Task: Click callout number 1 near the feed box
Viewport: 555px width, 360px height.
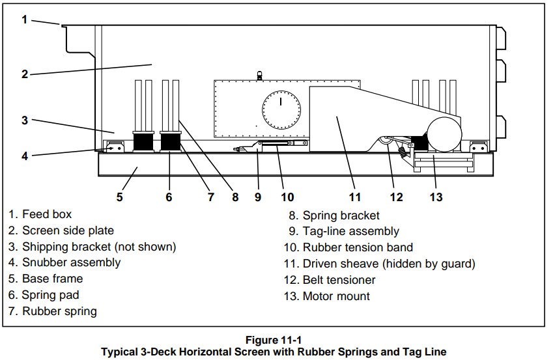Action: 24,19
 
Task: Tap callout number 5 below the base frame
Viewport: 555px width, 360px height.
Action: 119,197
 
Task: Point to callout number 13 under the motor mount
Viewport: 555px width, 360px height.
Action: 436,197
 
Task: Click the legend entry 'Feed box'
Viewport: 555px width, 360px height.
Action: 47,214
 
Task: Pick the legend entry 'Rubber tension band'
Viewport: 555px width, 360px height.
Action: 358,247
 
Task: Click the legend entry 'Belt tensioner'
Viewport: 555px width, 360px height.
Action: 339,280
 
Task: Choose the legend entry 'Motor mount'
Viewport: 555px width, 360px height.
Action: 336,296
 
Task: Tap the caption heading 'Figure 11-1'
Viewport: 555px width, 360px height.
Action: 274,340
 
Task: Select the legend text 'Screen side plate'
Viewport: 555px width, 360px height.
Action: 68,230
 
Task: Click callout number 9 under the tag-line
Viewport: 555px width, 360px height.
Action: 258,197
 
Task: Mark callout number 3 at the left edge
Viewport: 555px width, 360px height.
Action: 24,120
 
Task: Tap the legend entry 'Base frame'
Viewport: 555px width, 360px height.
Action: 52,279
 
